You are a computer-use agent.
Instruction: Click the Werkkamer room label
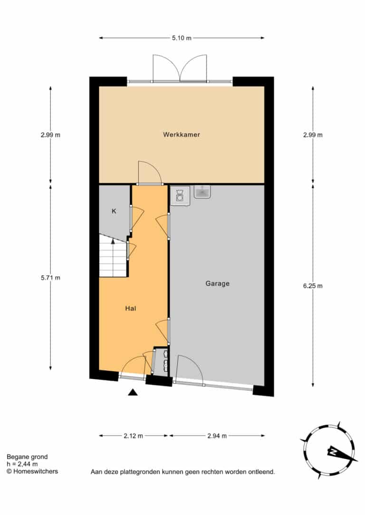point(182,135)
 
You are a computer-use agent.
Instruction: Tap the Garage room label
point(217,284)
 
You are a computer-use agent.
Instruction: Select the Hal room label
point(130,308)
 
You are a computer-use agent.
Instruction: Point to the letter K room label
point(114,211)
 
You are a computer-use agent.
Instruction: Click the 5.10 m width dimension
point(182,38)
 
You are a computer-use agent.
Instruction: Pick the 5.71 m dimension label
point(50,278)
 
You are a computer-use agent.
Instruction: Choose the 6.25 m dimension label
point(313,286)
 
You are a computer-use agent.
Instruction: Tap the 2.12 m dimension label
point(133,436)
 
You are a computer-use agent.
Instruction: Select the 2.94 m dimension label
point(217,436)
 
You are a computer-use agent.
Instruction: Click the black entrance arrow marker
point(133,392)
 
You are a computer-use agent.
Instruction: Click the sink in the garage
point(202,192)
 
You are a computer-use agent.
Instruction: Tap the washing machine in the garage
point(180,196)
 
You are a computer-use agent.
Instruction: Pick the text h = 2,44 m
point(22,464)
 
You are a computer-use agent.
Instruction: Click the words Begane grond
point(27,457)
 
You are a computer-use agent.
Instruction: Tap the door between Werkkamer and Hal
point(150,174)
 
